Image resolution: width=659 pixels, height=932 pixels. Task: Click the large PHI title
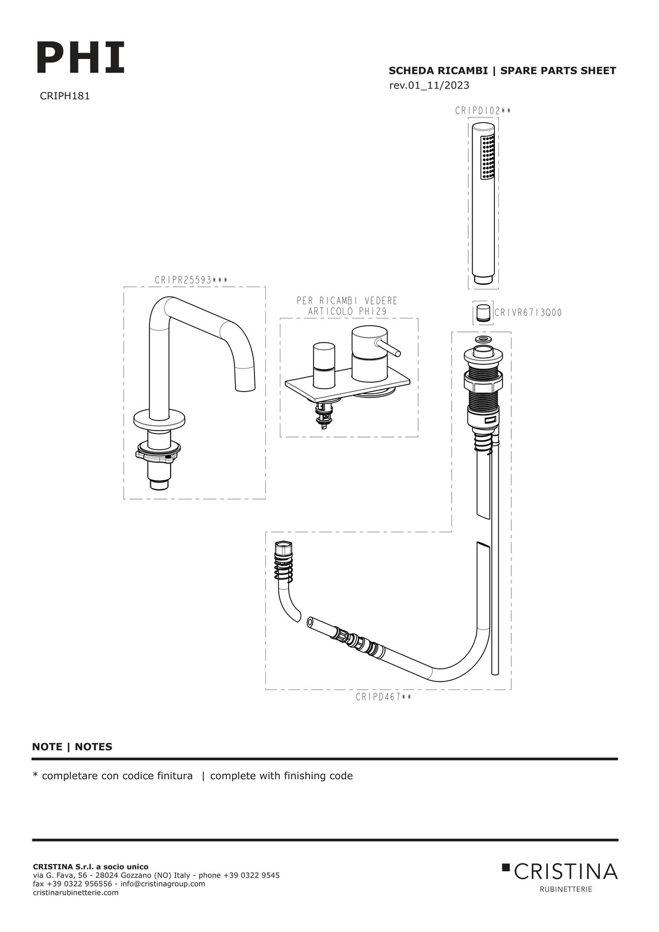81,58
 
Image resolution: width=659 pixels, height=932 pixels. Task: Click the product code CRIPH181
64,96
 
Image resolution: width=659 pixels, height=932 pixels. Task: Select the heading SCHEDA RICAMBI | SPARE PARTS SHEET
502,71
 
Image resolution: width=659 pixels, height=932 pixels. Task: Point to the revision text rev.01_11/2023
429,86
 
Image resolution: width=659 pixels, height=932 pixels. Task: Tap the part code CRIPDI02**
482,110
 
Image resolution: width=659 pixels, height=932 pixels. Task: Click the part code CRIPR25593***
191,281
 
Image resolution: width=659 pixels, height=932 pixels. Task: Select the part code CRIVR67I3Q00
527,312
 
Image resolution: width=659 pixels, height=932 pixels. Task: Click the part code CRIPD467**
383,697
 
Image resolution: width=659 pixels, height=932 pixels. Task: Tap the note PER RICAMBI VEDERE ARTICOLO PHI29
347,306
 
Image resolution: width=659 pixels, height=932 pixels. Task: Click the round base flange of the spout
160,419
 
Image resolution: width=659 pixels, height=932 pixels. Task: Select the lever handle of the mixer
390,348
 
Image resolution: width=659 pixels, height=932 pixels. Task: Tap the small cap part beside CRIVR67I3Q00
483,312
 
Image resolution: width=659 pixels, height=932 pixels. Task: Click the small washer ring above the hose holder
483,341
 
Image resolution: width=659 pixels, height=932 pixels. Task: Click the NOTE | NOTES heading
72,747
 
